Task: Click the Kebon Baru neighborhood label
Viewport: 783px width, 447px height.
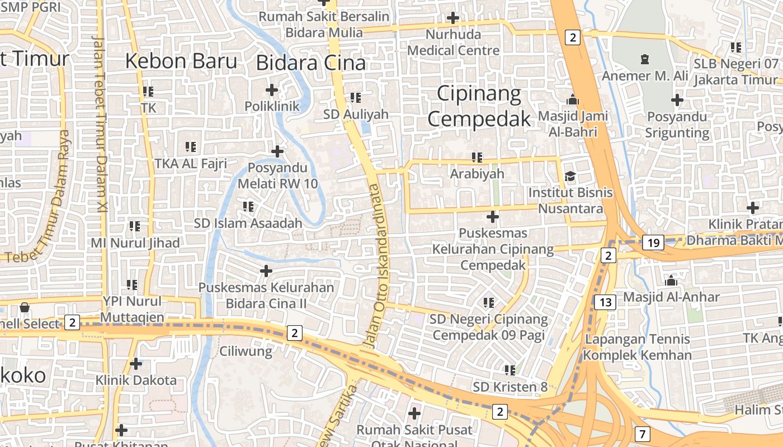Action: (x=181, y=60)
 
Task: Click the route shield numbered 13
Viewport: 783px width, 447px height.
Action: (x=605, y=302)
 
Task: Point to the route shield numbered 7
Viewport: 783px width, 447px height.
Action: (x=642, y=434)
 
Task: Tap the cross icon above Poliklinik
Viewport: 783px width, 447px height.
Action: (x=272, y=89)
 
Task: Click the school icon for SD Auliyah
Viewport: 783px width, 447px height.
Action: (x=356, y=98)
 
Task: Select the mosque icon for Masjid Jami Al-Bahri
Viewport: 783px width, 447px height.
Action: (x=573, y=100)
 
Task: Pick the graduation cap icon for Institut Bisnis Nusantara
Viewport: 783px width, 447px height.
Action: (x=570, y=177)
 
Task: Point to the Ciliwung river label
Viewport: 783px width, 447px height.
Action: (x=246, y=351)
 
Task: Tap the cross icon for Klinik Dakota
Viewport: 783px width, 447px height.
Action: (x=136, y=364)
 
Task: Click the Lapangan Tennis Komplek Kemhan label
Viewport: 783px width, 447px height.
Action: (x=637, y=347)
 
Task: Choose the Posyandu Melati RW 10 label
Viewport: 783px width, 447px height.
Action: (x=277, y=175)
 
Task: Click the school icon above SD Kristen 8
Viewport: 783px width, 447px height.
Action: (x=510, y=370)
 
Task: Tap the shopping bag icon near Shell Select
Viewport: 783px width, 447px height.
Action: (x=25, y=307)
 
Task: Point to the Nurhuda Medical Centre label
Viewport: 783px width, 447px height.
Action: (x=453, y=42)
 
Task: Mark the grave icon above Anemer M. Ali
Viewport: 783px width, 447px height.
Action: (x=644, y=59)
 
